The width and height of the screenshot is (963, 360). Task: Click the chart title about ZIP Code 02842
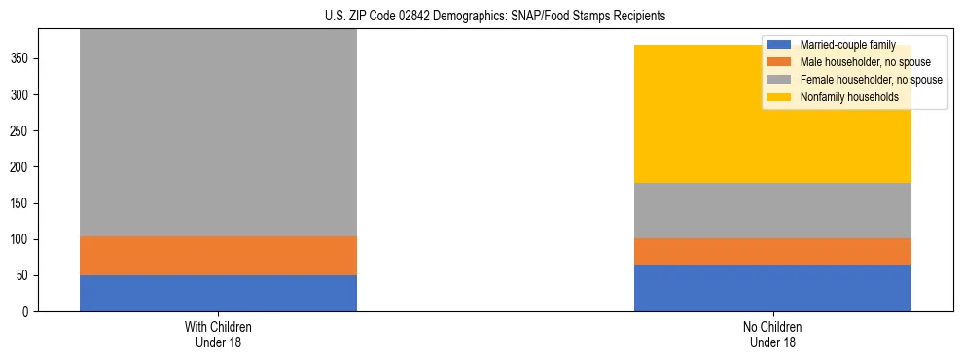click(x=495, y=16)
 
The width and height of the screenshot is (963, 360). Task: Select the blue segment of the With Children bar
click(x=218, y=293)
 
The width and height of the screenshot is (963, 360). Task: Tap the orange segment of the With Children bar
click(x=218, y=256)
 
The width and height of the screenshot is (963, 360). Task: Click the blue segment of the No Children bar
click(x=772, y=288)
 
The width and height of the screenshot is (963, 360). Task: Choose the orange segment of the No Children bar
click(x=772, y=251)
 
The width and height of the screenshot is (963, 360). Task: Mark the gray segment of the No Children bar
click(x=772, y=210)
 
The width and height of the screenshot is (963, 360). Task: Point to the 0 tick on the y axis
click(x=27, y=311)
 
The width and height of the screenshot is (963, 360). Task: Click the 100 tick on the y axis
click(x=21, y=239)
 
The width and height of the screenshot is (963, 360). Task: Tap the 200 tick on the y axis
click(x=21, y=167)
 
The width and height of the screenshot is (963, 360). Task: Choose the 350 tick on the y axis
click(x=21, y=59)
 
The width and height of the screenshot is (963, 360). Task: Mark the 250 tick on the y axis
click(x=21, y=131)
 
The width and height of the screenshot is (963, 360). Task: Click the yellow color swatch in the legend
click(x=779, y=97)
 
